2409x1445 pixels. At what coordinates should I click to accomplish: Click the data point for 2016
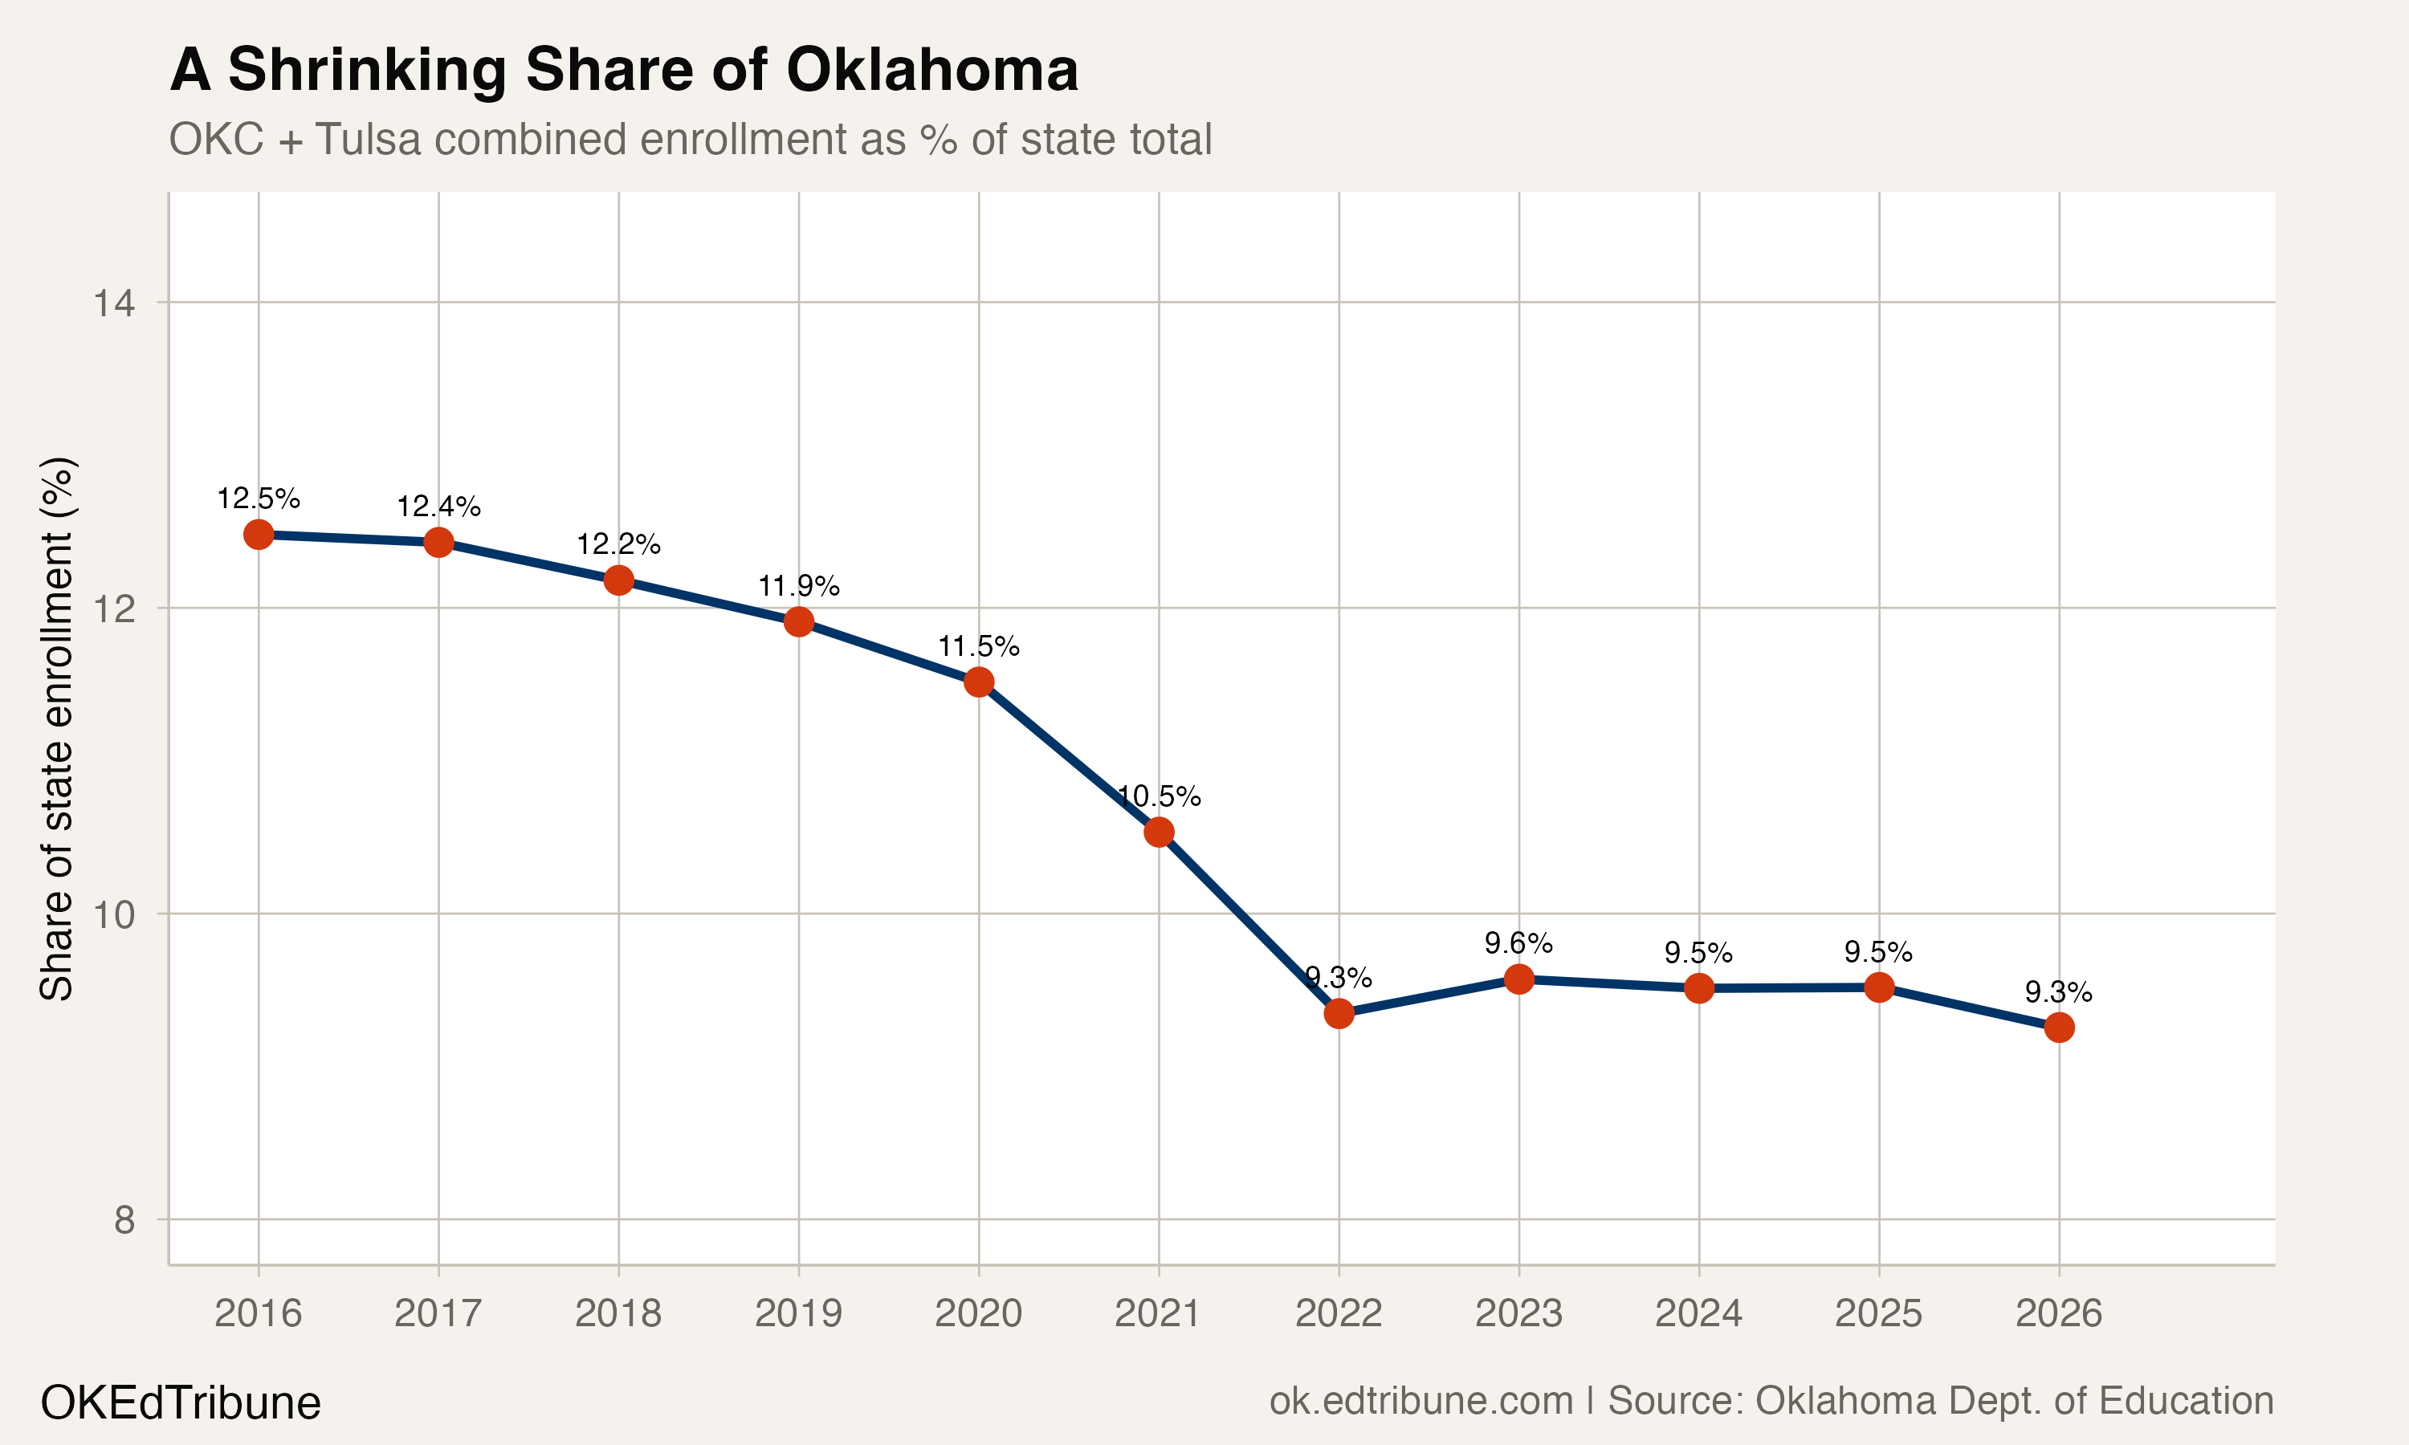click(x=258, y=535)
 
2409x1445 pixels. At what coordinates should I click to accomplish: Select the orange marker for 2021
click(x=1159, y=832)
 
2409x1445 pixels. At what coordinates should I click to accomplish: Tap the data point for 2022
click(x=1339, y=1014)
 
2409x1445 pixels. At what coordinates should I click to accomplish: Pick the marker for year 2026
click(x=2058, y=1028)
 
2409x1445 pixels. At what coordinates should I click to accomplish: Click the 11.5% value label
click(x=979, y=646)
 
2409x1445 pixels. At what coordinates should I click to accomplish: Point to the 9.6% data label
click(x=1518, y=942)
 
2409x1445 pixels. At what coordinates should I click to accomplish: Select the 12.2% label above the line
click(x=618, y=544)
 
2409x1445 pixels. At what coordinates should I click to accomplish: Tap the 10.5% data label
click(x=1159, y=796)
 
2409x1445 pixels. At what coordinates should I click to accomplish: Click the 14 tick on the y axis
click(x=114, y=303)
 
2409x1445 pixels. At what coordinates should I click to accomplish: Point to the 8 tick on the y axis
click(x=124, y=1220)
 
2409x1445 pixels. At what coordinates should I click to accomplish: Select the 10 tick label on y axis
click(x=114, y=914)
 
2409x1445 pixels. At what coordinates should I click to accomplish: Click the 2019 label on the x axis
click(x=797, y=1313)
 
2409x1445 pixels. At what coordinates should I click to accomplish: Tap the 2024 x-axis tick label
click(x=1698, y=1313)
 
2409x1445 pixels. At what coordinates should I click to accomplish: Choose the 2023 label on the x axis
click(x=1518, y=1313)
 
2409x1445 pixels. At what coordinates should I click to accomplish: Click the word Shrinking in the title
click(x=367, y=71)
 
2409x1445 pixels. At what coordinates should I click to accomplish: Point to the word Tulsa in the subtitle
click(x=368, y=139)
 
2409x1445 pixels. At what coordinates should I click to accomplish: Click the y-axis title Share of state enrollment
click(x=56, y=728)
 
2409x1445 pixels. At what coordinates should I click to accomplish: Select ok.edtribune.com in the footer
click(x=1421, y=1401)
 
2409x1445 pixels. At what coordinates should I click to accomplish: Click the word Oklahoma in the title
click(x=931, y=71)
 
